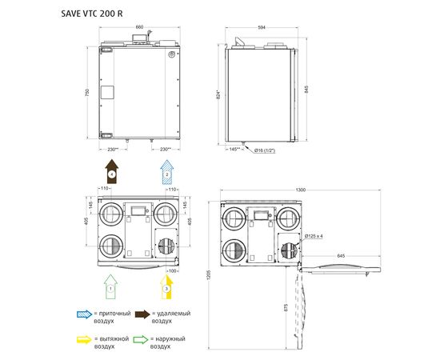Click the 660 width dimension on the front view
(x=140, y=27)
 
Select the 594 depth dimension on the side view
(x=262, y=27)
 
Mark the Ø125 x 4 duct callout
(x=314, y=235)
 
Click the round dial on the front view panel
(x=170, y=55)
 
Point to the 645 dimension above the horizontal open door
(x=341, y=255)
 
